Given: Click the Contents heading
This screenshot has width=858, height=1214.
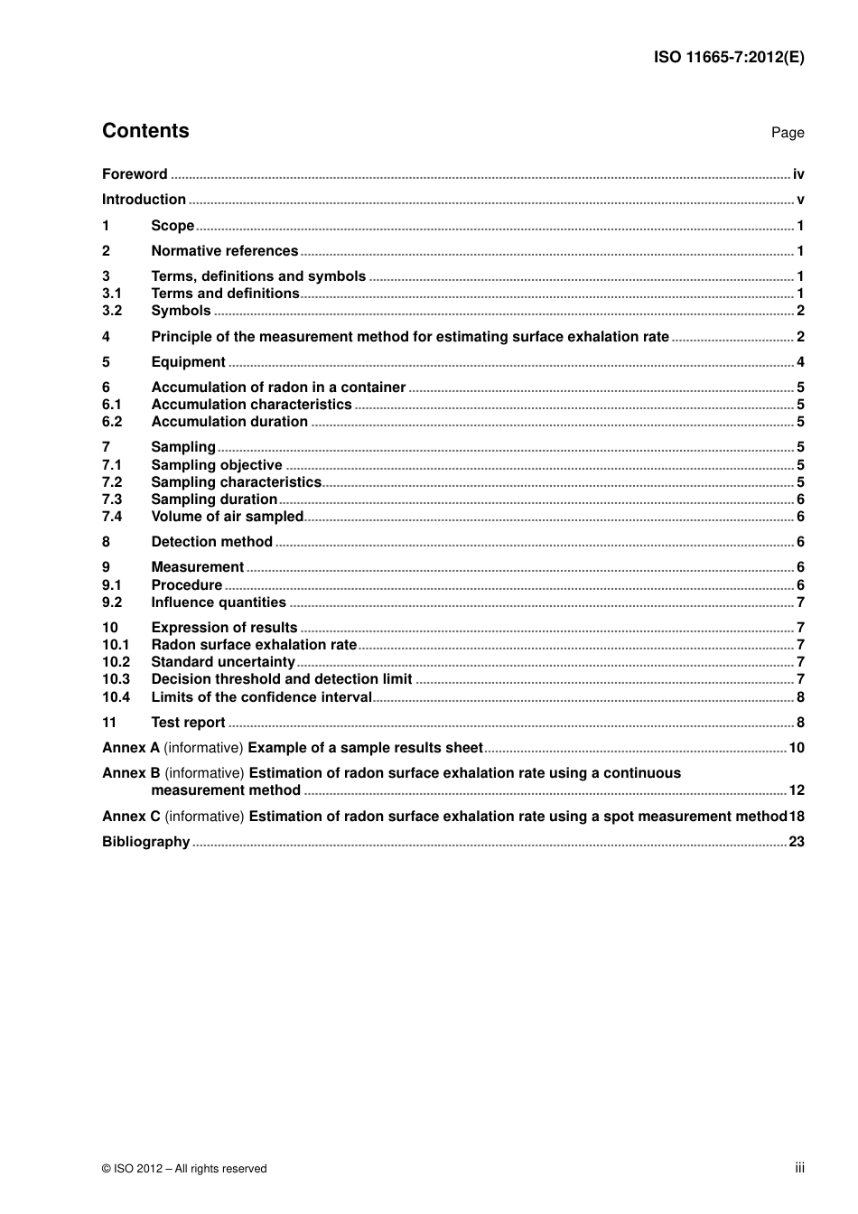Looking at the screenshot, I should (x=145, y=131).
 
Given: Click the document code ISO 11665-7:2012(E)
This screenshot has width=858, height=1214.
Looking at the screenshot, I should (x=728, y=57).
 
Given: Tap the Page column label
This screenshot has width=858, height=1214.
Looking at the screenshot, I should (x=787, y=133).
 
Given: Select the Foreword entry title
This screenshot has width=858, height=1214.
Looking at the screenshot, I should (x=135, y=174).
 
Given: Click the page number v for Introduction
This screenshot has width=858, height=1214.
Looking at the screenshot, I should (x=800, y=200).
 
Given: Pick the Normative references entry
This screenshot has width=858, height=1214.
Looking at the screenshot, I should (x=224, y=251).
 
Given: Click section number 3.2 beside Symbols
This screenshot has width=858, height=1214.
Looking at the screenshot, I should (x=112, y=311).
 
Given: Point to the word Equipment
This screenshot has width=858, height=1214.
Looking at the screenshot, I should (x=188, y=362).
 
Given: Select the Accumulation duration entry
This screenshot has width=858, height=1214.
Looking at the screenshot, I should (x=229, y=422).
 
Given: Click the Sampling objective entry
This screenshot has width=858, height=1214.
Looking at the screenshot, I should (x=217, y=465).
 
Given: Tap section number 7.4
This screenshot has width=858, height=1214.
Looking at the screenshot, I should (x=112, y=517).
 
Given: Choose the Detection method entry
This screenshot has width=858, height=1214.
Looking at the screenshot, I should (x=211, y=542).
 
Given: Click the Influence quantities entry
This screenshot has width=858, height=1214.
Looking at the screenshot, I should (x=219, y=602).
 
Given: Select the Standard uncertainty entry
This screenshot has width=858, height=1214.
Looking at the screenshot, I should (x=223, y=662).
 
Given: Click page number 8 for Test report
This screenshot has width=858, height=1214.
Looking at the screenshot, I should (x=800, y=723).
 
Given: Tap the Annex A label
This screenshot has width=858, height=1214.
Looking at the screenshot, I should (x=131, y=748).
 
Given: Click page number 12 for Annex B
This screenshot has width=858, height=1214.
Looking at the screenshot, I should (x=796, y=790).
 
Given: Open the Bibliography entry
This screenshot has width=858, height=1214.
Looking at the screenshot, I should (x=145, y=842).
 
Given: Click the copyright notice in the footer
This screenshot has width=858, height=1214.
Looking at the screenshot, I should (x=184, y=1169).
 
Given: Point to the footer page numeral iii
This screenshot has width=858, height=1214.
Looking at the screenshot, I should (x=799, y=1168).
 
